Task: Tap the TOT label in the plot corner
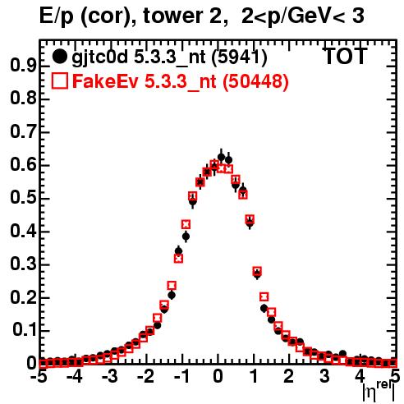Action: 346,56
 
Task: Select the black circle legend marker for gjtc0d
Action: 59,57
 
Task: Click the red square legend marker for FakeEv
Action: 59,81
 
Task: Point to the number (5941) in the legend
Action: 239,57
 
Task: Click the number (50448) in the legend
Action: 255,81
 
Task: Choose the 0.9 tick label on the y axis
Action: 23,66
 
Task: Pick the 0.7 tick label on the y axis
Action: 23,131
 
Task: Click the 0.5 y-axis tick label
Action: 23,198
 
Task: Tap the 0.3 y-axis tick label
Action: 23,264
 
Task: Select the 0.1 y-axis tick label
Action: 24,330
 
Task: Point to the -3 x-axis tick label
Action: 109,376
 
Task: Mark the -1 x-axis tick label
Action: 181,376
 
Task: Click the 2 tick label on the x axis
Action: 288,376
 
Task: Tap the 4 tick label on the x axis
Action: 360,376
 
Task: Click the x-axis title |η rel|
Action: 379,391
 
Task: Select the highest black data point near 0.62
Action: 221,157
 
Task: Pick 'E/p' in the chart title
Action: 57,16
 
